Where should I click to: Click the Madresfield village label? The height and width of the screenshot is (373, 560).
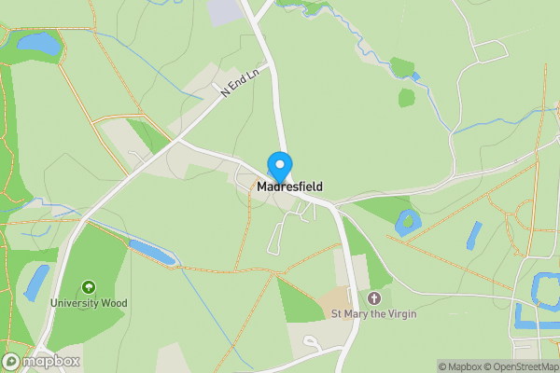[x=289, y=187]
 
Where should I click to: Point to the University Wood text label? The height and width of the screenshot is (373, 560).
[x=90, y=303]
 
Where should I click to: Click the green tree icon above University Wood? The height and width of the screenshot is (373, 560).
[x=90, y=287]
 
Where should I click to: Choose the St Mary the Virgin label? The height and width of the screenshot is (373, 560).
[x=374, y=314]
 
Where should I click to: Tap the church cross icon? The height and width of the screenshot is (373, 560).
[x=375, y=298]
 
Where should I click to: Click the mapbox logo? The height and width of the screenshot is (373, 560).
[x=41, y=361]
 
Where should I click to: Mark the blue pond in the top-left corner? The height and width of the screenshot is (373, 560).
[x=37, y=41]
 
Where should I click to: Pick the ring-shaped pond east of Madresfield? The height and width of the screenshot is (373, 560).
[x=406, y=222]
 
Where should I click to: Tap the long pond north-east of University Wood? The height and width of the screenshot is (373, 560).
[x=151, y=251]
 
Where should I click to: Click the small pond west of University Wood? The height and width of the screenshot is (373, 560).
[x=36, y=282]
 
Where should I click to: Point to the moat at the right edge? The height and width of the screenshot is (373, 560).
[x=541, y=291]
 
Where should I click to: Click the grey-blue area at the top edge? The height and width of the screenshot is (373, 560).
[x=225, y=10]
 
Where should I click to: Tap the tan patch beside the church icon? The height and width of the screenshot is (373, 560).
[x=335, y=300]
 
